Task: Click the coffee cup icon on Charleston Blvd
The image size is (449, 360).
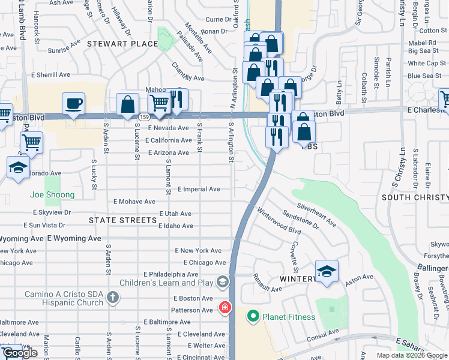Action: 74,103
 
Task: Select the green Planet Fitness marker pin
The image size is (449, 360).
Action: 253,316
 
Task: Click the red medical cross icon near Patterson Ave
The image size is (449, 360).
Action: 224,308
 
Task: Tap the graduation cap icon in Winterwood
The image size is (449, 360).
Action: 327,272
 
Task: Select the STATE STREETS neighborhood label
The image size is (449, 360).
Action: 122,220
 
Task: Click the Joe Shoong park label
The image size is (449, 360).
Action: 53,194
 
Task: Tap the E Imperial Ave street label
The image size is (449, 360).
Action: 198,189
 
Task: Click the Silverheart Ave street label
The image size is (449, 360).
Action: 316,214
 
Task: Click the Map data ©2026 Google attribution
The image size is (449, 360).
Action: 412,355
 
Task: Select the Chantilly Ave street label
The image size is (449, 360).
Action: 188,72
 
